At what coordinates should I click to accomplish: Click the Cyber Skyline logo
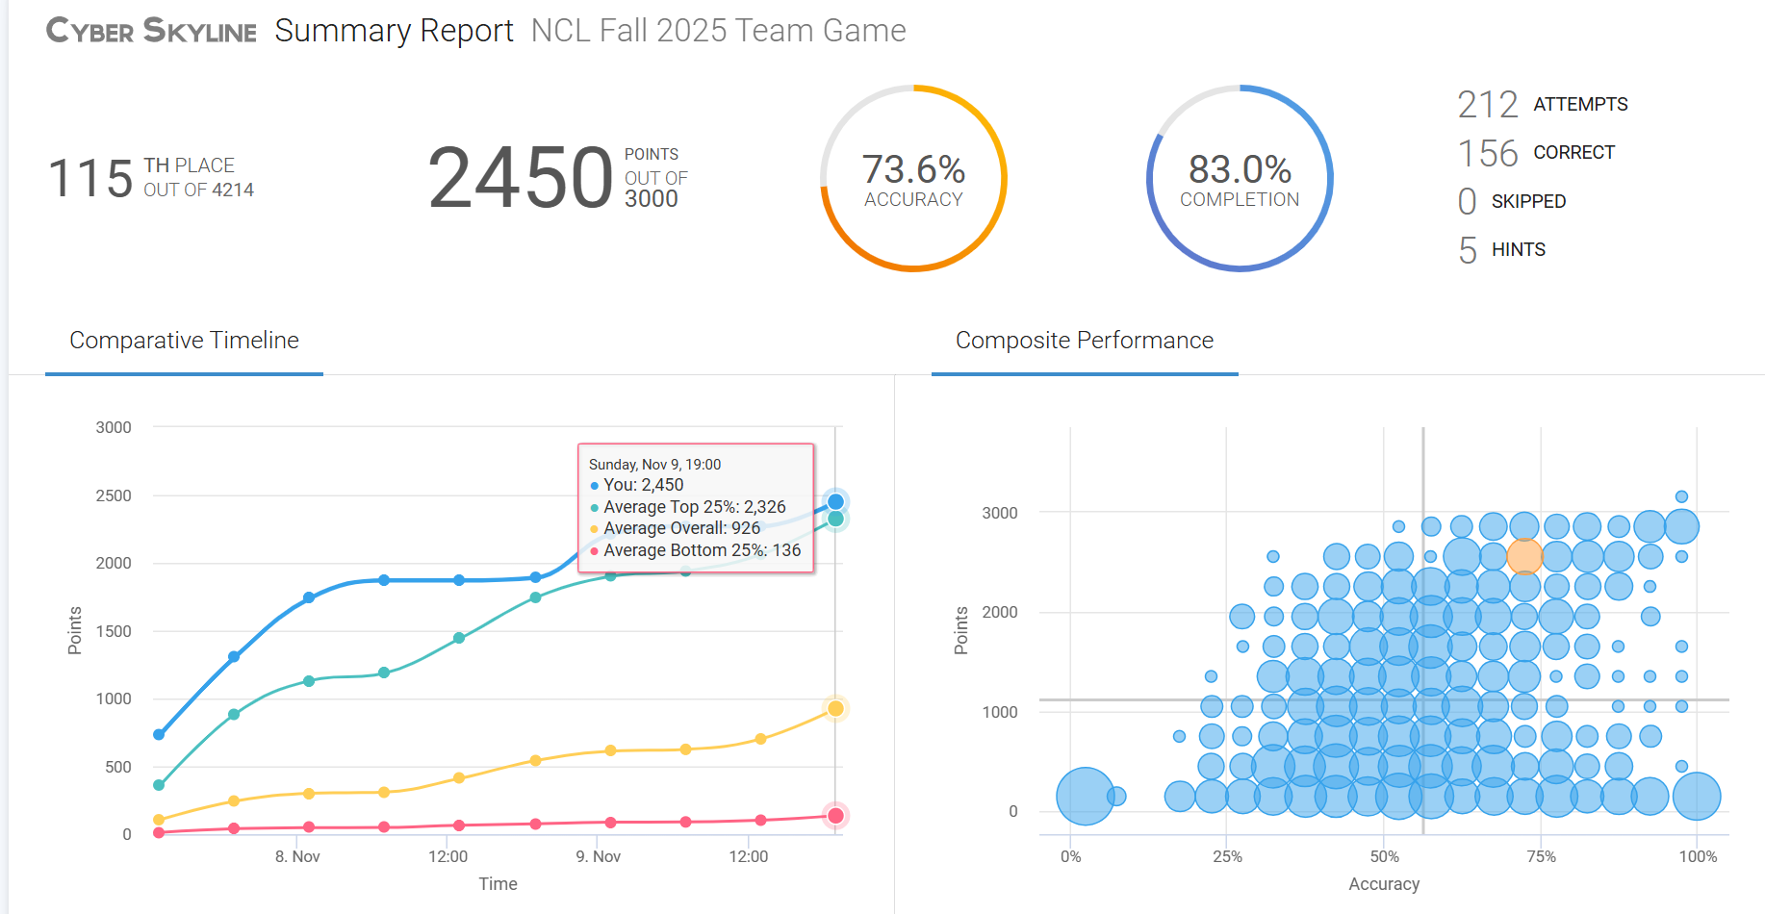point(151,31)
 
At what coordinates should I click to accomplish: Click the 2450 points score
point(520,178)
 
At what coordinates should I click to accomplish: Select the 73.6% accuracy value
point(913,169)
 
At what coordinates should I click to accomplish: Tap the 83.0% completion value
point(1240,169)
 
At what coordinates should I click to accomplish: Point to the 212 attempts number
point(1487,104)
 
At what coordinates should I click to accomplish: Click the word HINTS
point(1518,250)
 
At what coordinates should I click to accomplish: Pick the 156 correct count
point(1487,153)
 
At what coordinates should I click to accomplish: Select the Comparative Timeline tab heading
point(184,341)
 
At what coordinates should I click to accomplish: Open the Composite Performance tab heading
point(1084,341)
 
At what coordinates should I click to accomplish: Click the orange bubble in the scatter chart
point(1524,556)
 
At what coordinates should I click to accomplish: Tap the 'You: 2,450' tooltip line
point(643,485)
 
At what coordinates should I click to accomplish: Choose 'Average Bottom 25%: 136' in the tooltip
point(702,550)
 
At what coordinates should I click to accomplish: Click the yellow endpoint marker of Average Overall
point(835,709)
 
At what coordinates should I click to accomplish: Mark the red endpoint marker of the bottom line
point(835,816)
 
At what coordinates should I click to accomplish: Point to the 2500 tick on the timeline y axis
point(114,495)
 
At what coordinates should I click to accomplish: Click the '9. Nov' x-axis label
point(598,856)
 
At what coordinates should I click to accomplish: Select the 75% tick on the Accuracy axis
point(1541,856)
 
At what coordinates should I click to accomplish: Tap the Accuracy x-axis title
point(1384,884)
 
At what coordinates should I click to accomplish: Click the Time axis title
point(498,884)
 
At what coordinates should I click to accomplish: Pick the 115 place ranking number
point(90,179)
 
